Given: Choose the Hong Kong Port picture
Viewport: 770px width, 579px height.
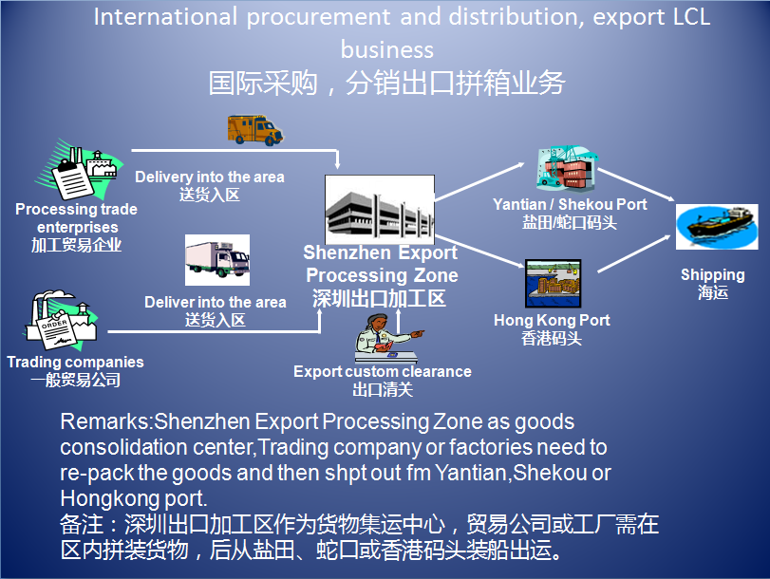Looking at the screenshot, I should click(x=554, y=283).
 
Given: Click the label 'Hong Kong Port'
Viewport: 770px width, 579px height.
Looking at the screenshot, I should click(x=552, y=321).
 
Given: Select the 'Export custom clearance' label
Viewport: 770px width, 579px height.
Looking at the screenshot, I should click(x=382, y=371).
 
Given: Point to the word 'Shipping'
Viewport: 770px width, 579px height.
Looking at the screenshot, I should click(x=712, y=275).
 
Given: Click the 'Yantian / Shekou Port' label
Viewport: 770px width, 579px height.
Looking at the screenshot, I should click(x=570, y=205).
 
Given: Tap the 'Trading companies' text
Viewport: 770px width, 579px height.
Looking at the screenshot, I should click(x=75, y=362).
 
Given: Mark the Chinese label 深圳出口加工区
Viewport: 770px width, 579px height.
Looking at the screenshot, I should click(x=380, y=298).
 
